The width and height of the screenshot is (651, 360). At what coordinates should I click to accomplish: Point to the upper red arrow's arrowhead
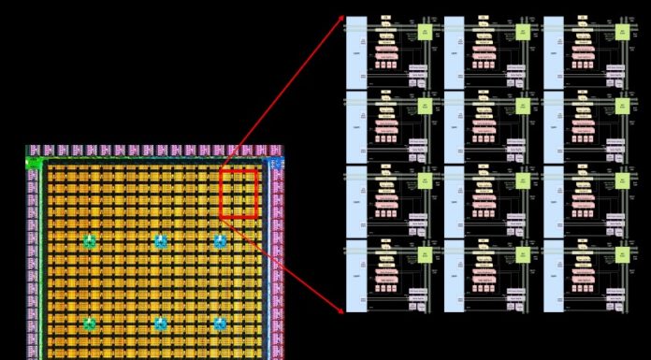click(342, 18)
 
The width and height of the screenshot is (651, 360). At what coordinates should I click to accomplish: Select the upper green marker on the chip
click(90, 241)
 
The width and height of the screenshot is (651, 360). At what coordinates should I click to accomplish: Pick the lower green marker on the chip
click(90, 324)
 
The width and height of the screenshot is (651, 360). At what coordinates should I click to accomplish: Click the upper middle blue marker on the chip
click(161, 241)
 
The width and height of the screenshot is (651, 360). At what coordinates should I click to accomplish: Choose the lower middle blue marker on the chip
click(161, 324)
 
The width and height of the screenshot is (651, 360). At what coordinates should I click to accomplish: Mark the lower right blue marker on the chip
click(220, 324)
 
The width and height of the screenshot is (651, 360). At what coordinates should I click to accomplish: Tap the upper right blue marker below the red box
click(220, 241)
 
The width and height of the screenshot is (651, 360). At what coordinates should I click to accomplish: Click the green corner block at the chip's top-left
click(34, 162)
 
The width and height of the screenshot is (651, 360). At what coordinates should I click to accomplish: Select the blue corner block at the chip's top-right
click(275, 163)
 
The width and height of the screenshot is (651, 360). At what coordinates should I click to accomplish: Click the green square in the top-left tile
click(424, 31)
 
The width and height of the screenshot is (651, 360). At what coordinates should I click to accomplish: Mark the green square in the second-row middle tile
click(523, 106)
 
